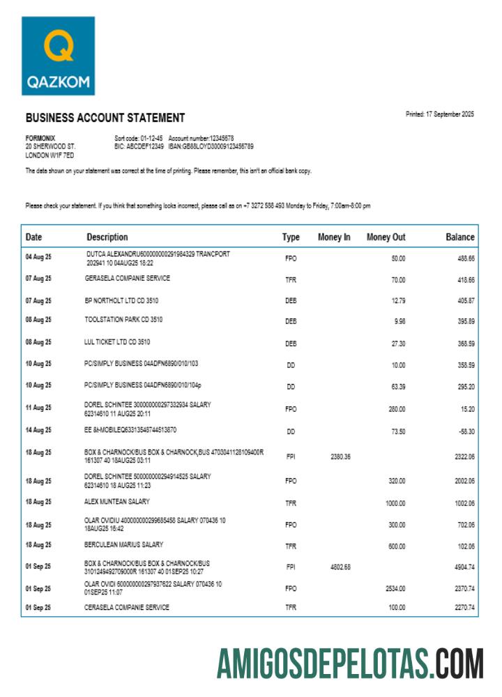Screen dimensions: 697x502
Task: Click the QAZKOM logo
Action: coord(58,56)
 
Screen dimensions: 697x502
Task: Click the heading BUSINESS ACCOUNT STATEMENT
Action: coord(105,118)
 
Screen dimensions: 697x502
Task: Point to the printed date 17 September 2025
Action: coord(439,114)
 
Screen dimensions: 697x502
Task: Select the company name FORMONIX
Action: coord(40,138)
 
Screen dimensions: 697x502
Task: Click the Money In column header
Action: coord(334,237)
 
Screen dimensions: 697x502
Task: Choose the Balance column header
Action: coord(459,237)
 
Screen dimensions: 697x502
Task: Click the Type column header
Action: coord(291,237)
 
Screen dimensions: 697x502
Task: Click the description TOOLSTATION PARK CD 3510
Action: coord(123,320)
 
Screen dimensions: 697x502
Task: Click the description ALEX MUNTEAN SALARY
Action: coord(117,501)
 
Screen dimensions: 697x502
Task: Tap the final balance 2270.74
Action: coord(463,608)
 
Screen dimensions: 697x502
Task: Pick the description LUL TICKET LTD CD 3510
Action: coord(117,342)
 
